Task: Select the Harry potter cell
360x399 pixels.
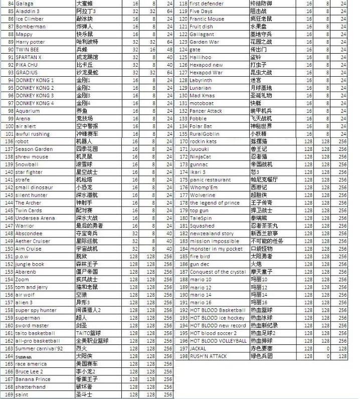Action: tap(30, 42)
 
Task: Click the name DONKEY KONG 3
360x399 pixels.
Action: tap(35, 95)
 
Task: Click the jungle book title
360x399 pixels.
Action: tap(30, 264)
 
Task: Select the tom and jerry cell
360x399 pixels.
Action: tap(31, 287)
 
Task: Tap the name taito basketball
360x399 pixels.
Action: tap(35, 333)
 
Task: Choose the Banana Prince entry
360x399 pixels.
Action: tap(33, 379)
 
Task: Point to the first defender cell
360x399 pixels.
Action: tap(206, 3)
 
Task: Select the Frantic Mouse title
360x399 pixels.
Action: tap(207, 19)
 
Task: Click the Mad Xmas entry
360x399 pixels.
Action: tap(202, 95)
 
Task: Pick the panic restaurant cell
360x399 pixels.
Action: tap(211, 179)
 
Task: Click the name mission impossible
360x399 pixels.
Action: tap(214, 241)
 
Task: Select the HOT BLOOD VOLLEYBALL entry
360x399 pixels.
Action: tap(218, 341)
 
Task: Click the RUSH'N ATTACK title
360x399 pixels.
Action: tap(208, 356)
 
